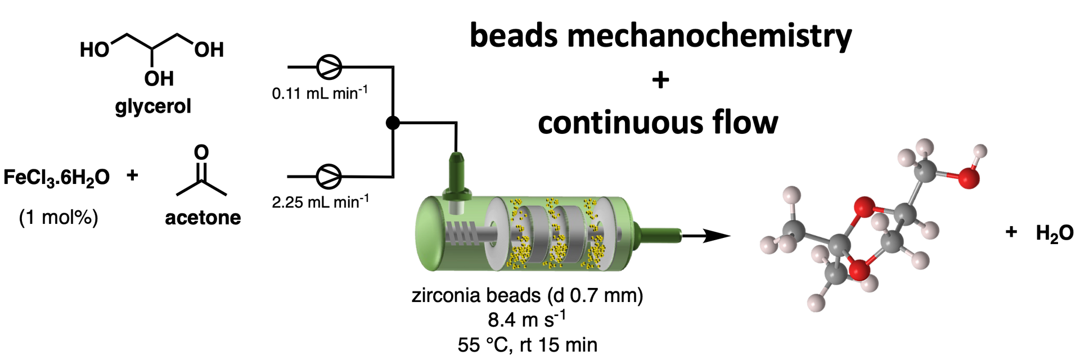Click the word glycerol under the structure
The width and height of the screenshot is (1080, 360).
click(x=153, y=106)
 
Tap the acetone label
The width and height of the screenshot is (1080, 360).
click(x=202, y=217)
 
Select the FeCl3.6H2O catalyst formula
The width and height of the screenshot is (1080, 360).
click(x=56, y=178)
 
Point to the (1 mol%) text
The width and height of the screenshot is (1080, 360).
click(x=58, y=217)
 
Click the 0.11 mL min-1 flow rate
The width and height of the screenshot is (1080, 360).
click(x=319, y=92)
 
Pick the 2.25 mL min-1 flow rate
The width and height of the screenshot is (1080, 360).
click(x=320, y=201)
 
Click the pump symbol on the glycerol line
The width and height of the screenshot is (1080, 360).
click(x=329, y=67)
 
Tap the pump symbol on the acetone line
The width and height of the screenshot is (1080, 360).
click(x=329, y=177)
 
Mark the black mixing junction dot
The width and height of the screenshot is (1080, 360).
click(x=393, y=123)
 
